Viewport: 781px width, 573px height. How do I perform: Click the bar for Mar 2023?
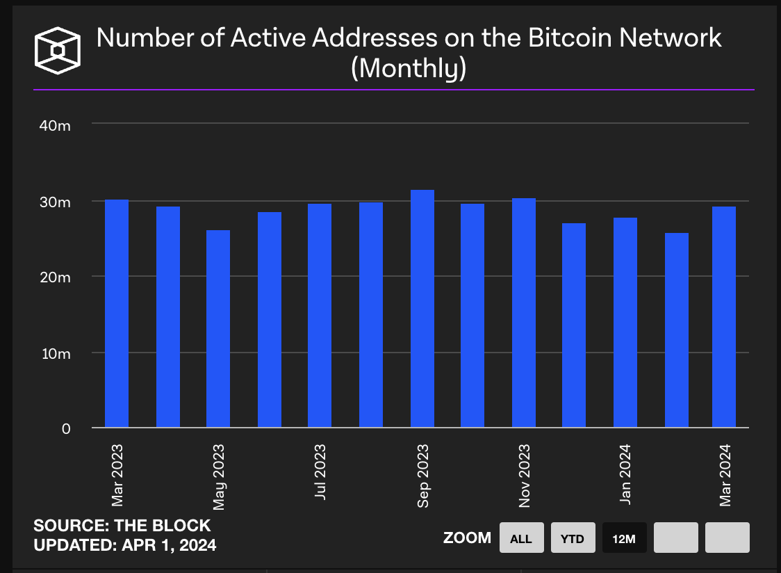pyautogui.click(x=117, y=314)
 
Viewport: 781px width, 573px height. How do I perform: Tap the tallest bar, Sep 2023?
pyautogui.click(x=422, y=309)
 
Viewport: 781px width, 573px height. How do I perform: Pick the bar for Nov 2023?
pyautogui.click(x=524, y=313)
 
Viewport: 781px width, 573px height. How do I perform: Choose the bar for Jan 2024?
pyautogui.click(x=625, y=323)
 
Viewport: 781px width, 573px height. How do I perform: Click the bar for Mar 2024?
pyautogui.click(x=724, y=317)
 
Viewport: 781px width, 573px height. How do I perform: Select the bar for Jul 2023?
pyautogui.click(x=320, y=316)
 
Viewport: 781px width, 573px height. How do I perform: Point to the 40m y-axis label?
pyautogui.click(x=54, y=126)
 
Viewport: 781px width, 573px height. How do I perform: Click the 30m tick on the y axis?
pyautogui.click(x=54, y=202)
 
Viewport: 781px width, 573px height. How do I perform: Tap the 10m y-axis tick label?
pyautogui.click(x=54, y=353)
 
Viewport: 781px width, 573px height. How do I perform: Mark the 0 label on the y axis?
pyautogui.click(x=65, y=429)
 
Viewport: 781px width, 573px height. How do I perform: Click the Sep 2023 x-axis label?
pyautogui.click(x=422, y=476)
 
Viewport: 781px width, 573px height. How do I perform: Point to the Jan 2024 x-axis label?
pyautogui.click(x=625, y=476)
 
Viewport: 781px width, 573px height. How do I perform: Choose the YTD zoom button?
pyautogui.click(x=573, y=538)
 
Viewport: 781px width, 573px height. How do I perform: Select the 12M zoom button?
pyautogui.click(x=624, y=538)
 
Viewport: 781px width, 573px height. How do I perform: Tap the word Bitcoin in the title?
pyautogui.click(x=559, y=38)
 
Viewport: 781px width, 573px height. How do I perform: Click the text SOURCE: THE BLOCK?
pyautogui.click(x=122, y=526)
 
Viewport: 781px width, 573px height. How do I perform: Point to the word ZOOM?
pyautogui.click(x=467, y=538)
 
